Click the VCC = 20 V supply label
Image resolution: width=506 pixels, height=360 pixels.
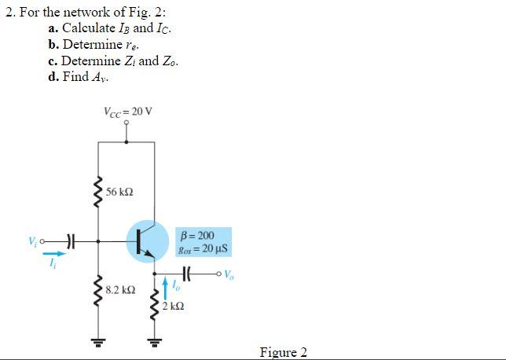(127, 111)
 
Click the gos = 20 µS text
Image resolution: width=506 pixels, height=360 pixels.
(202, 249)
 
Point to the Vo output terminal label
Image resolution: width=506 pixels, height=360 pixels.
(229, 275)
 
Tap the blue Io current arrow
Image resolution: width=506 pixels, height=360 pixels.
(166, 285)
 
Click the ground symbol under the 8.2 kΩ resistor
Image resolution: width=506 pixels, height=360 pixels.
(98, 344)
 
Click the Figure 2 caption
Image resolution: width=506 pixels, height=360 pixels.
(283, 351)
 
